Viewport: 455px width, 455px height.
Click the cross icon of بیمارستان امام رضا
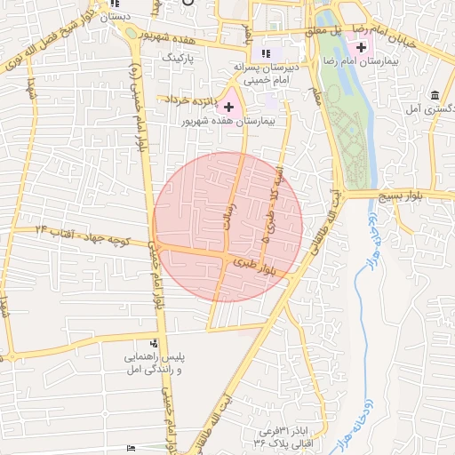pos(361,45)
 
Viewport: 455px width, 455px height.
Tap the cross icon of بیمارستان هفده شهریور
pos(228,107)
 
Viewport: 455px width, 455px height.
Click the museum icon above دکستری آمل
pos(434,95)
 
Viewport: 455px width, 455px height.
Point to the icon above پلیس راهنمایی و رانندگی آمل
pos(155,343)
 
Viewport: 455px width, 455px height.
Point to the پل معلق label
pos(323,30)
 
